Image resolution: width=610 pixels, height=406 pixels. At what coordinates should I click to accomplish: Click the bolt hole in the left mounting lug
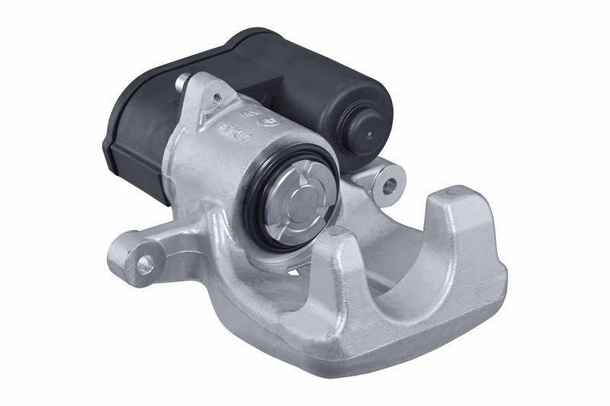(x=143, y=264)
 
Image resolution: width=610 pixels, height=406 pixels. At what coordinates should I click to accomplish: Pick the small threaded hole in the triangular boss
(x=217, y=98)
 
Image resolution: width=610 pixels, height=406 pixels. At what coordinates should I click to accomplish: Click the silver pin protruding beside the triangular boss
(x=183, y=82)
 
